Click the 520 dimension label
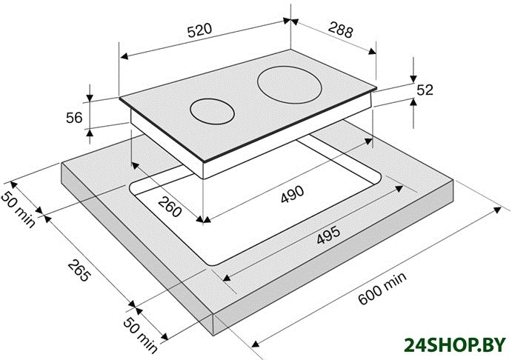coord(199,30)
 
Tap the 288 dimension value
coord(341,30)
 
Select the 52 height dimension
coord(425,90)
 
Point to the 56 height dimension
coord(74,118)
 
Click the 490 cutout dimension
coord(292,194)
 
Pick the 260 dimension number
coord(170,207)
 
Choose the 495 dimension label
coord(328,235)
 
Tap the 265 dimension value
coord(79,270)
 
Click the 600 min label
coord(382,288)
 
